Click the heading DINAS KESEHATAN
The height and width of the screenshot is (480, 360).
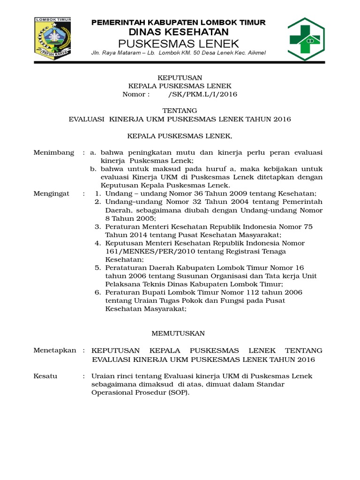tap(179, 32)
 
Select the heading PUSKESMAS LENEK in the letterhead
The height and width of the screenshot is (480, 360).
tap(179, 44)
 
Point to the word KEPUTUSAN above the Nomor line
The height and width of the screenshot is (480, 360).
tap(180, 77)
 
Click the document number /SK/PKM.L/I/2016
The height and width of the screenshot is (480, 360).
tap(202, 94)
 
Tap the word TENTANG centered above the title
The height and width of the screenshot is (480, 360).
tap(180, 111)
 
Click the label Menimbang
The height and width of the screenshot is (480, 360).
tap(54, 153)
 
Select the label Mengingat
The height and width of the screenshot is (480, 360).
tap(52, 193)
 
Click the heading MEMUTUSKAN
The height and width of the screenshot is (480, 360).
tap(179, 333)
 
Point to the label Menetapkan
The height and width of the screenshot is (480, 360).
tap(55, 351)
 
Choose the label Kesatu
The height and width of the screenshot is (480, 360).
tap(45, 376)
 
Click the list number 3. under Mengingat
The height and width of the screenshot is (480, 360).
tap(98, 226)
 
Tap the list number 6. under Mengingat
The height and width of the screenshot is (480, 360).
tap(98, 292)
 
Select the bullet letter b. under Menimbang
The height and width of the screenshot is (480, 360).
tap(93, 169)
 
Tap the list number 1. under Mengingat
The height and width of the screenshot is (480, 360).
tap(98, 193)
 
